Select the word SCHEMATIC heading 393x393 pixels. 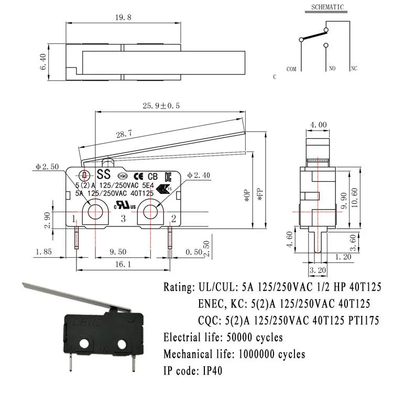327,7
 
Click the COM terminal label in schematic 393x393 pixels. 291,69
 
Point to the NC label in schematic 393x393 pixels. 354,69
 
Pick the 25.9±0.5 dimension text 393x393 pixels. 161,106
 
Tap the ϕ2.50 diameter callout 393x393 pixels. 47,167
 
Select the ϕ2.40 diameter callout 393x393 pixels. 197,175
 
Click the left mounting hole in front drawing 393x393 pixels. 95,211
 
